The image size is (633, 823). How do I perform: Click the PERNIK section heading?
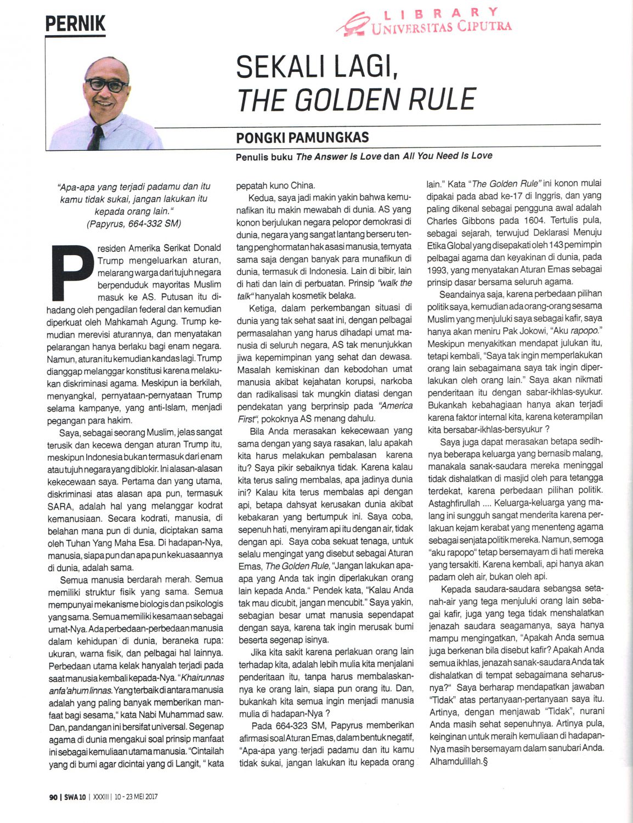click(x=75, y=24)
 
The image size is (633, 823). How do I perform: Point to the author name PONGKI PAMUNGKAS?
click(x=302, y=137)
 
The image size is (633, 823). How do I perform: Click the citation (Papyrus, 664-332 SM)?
click(x=134, y=224)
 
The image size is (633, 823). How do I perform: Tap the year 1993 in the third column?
click(x=438, y=270)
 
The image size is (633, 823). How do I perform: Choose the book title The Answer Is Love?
click(x=338, y=156)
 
